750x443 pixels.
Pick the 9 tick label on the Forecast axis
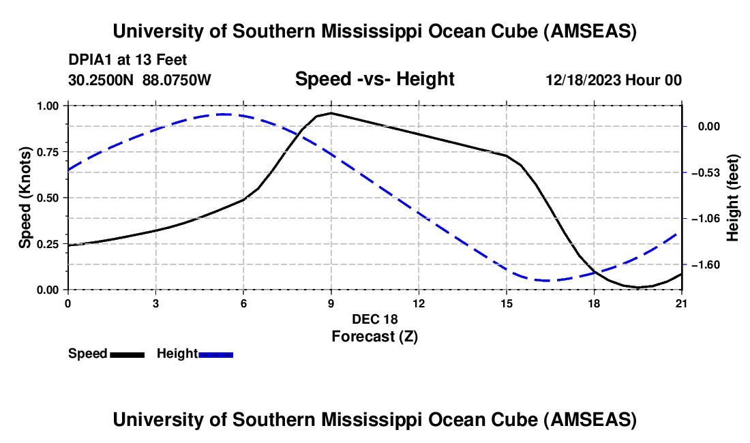point(331,303)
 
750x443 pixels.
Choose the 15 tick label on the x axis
point(506,303)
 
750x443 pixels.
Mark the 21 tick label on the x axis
point(682,303)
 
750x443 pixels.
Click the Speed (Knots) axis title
point(25,198)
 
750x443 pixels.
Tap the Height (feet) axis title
point(734,198)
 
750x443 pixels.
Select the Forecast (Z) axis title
point(374,336)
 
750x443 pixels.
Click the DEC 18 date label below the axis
point(374,319)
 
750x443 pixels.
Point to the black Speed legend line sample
point(127,354)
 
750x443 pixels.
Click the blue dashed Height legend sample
point(216,354)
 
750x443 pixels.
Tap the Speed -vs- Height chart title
point(374,79)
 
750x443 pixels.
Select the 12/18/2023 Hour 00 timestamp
point(614,80)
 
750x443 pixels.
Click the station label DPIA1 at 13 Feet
point(127,60)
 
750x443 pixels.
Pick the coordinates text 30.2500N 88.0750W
point(140,80)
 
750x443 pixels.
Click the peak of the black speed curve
point(331,113)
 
